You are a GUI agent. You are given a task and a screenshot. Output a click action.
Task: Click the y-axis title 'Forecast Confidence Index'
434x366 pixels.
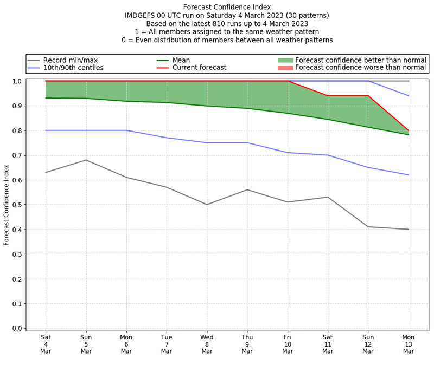(x=7, y=205)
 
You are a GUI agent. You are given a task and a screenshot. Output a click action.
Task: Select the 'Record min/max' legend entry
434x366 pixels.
(x=70, y=60)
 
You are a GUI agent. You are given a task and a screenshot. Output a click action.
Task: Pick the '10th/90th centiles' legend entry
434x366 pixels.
(x=73, y=68)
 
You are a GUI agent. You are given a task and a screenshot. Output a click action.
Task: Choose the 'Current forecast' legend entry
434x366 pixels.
(x=199, y=68)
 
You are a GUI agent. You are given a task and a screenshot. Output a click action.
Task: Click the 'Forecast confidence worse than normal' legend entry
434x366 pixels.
(x=361, y=68)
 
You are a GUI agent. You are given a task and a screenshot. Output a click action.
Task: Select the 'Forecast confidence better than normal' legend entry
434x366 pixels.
(x=361, y=60)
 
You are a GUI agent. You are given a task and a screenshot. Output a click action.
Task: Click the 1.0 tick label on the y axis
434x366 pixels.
(x=17, y=81)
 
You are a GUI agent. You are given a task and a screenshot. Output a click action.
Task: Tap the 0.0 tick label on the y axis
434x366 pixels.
(x=17, y=329)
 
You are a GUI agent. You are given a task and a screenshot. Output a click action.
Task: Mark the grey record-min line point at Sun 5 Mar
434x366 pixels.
(x=86, y=160)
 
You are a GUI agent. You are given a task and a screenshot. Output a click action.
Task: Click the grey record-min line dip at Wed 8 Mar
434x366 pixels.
(x=207, y=205)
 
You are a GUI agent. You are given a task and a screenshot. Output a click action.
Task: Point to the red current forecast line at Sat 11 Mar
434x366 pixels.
(x=328, y=96)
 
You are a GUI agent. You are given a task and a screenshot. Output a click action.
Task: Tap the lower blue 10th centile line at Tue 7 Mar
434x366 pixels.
(x=167, y=138)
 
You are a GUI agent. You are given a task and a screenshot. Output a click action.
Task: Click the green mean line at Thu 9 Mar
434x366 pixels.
(x=247, y=108)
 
